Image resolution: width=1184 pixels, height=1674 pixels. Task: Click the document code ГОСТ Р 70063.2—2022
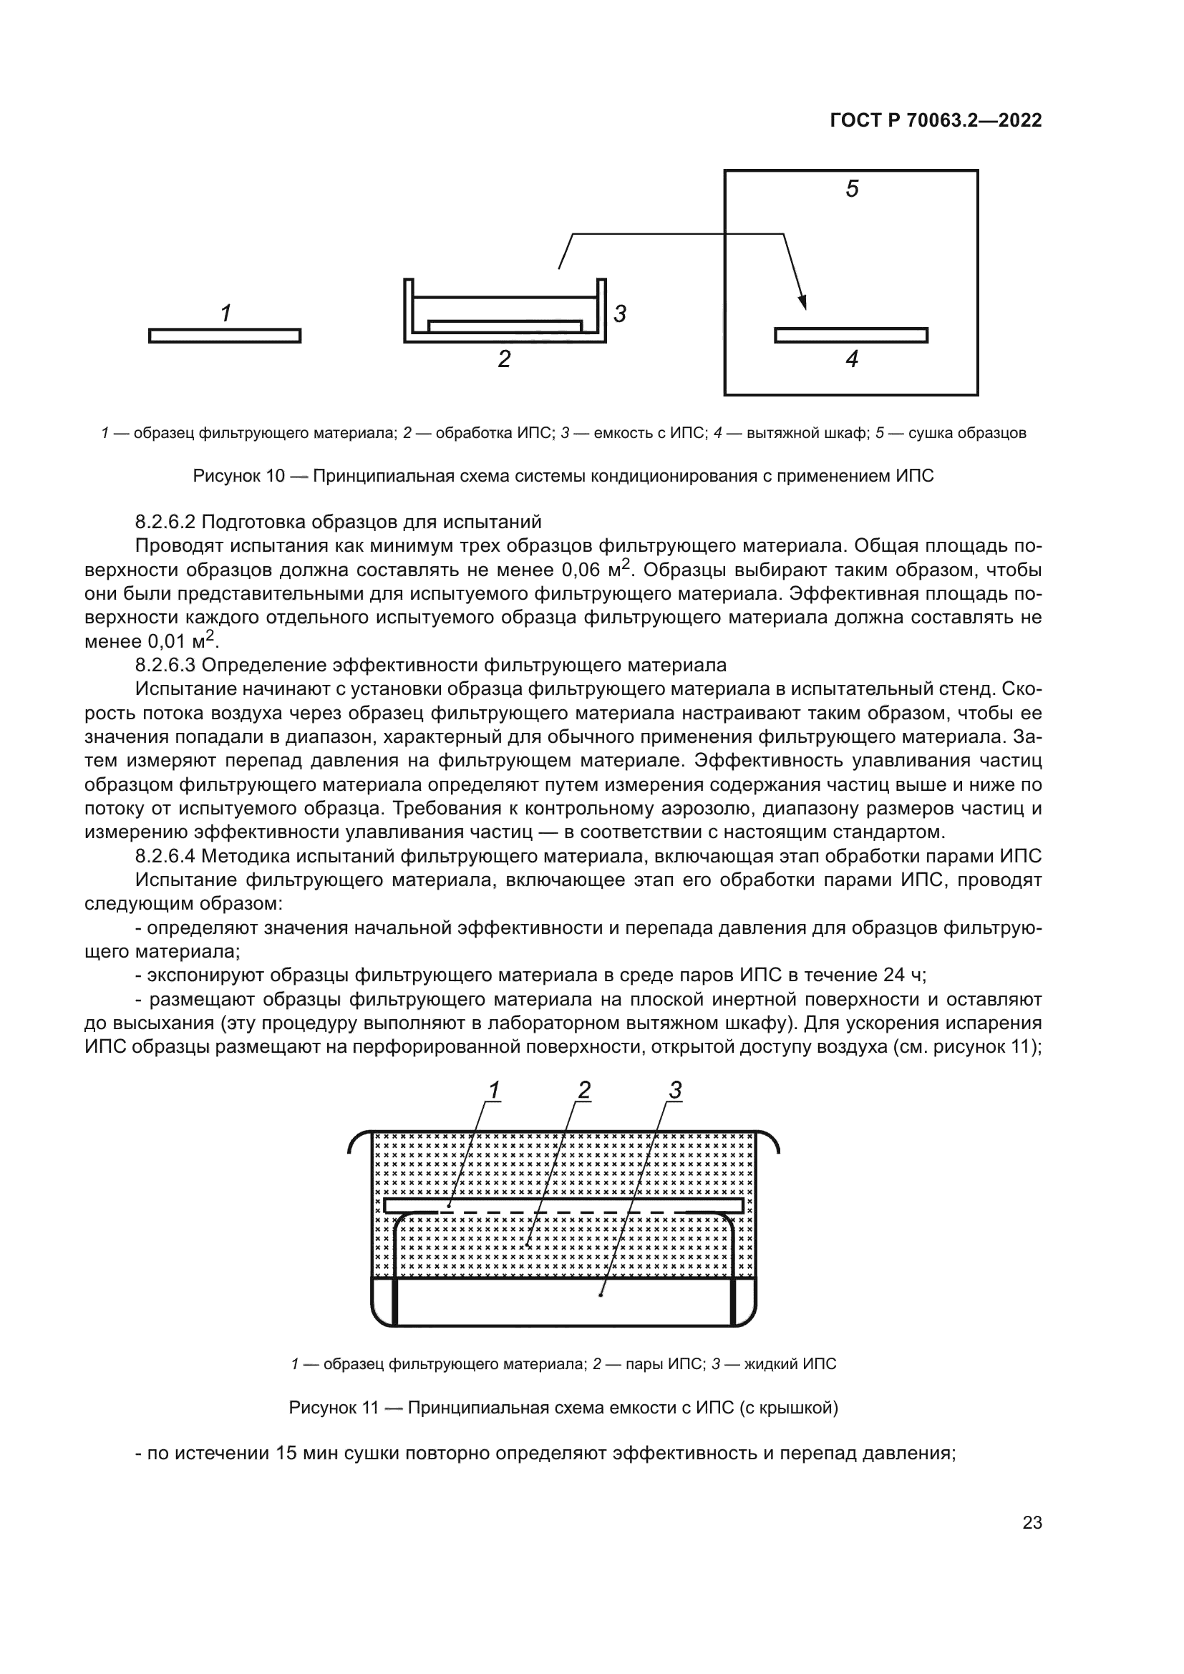click(x=936, y=121)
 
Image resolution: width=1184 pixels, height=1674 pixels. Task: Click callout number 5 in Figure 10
click(x=852, y=190)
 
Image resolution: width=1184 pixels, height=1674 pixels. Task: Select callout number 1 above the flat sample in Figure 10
click(x=226, y=313)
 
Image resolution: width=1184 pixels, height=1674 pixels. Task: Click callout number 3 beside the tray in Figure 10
click(x=620, y=314)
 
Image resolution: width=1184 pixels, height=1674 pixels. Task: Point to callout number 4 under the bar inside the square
click(x=852, y=359)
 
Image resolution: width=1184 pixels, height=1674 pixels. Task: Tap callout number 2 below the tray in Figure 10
click(x=504, y=359)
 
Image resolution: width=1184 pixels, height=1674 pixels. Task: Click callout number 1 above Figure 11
click(x=494, y=1091)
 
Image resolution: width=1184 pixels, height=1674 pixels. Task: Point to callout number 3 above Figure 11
click(x=674, y=1091)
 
